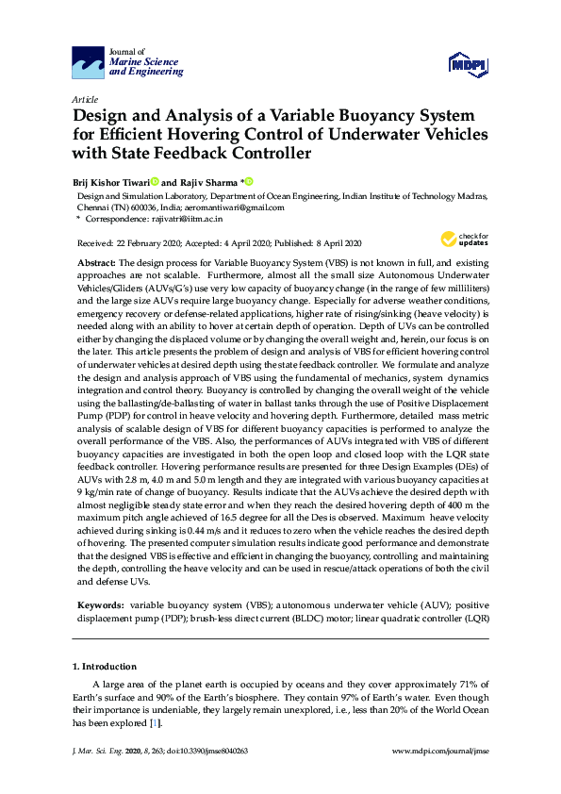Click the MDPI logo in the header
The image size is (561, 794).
pyautogui.click(x=468, y=63)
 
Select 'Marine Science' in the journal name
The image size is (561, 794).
pyautogui.click(x=146, y=61)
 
